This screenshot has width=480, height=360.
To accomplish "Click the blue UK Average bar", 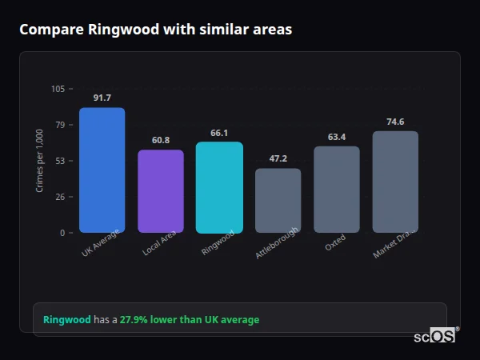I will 102,170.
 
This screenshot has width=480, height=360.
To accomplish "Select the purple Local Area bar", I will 161,191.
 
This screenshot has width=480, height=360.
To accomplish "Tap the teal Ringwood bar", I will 219,187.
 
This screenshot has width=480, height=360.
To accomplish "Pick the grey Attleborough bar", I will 278,201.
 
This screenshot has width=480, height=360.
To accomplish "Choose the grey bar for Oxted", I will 337,190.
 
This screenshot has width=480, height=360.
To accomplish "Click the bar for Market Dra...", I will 395,182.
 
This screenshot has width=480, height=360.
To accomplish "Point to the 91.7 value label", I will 102,98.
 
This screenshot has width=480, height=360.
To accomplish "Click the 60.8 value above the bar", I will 161,140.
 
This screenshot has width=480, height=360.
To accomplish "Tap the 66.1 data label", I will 219,133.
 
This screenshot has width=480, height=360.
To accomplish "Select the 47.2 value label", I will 278,158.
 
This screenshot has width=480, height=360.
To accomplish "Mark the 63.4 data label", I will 337,137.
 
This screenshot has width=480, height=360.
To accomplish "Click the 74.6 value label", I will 395,122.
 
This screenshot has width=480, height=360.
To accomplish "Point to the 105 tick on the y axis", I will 58,89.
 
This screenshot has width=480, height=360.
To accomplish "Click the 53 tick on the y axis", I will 59,161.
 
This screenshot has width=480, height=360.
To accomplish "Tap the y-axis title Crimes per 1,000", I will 40,161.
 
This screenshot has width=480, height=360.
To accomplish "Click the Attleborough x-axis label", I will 278,242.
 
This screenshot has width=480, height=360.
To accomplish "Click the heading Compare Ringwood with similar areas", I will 155,30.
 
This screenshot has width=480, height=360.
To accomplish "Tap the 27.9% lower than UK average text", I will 190,320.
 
